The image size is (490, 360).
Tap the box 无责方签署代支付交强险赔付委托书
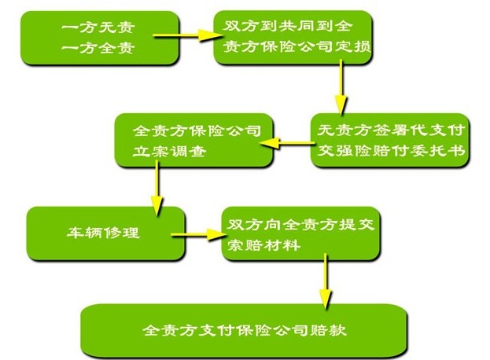pyautogui.click(x=390, y=139)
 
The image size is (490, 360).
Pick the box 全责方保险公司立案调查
pyautogui.click(x=193, y=140)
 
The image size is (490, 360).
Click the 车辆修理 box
pyautogui.click(x=105, y=234)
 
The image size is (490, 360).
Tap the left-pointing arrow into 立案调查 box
pyautogui.click(x=292, y=143)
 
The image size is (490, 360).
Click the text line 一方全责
pyautogui.click(x=87, y=47)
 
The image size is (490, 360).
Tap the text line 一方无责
pyautogui.click(x=87, y=28)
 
